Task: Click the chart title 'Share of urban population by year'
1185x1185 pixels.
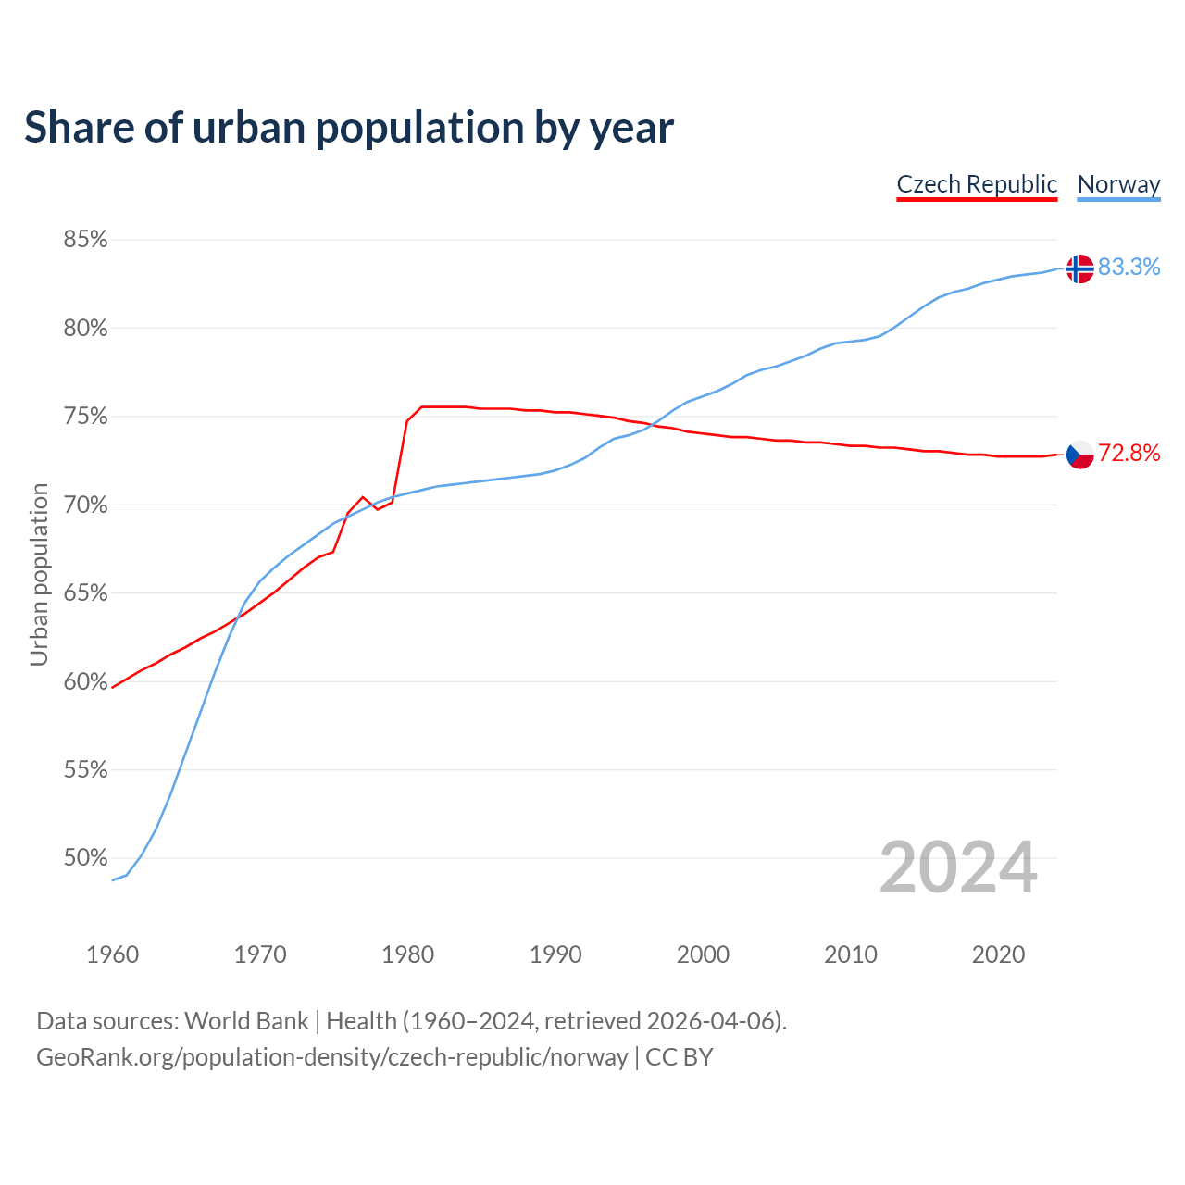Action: click(x=349, y=128)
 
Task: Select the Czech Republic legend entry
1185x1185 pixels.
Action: click(x=977, y=184)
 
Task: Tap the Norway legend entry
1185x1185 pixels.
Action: click(x=1118, y=184)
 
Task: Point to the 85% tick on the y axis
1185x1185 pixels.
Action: click(x=85, y=240)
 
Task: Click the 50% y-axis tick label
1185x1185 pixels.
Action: click(x=85, y=858)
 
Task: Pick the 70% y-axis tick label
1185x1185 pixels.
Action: click(x=85, y=505)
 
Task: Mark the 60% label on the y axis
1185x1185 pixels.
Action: click(x=85, y=682)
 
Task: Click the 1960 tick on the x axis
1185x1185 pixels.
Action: click(x=112, y=954)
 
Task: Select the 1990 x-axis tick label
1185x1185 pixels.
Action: click(x=555, y=954)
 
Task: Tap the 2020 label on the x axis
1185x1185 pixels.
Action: click(x=998, y=954)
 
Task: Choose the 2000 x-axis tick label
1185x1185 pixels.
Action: click(x=703, y=954)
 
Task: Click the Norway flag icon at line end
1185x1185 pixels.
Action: click(x=1079, y=268)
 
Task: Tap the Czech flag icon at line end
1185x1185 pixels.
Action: click(x=1079, y=455)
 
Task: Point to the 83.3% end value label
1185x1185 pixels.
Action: click(x=1129, y=268)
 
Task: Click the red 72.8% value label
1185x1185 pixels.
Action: click(x=1129, y=454)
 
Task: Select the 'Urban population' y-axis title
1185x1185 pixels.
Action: click(x=39, y=574)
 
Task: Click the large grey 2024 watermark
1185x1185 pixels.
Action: click(x=958, y=868)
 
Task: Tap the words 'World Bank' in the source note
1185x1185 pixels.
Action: click(x=246, y=1021)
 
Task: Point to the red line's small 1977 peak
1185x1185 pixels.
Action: click(x=363, y=497)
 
